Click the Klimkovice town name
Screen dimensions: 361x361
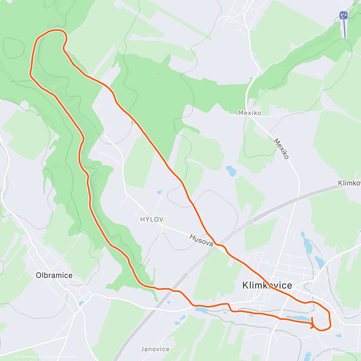[x=267, y=285]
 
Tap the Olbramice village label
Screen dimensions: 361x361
[x=54, y=275]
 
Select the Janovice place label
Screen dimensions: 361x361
[x=155, y=349]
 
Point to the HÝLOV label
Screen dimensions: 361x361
[x=152, y=220]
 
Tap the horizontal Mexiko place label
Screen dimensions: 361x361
[x=250, y=113]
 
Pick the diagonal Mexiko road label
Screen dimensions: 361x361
[x=281, y=149]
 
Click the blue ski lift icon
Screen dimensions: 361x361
[x=343, y=15]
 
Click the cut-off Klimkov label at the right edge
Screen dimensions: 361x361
[x=349, y=183]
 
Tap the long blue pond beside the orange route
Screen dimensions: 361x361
[x=298, y=318]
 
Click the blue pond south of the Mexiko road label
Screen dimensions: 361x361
[x=231, y=171]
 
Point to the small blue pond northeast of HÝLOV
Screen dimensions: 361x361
[x=159, y=192]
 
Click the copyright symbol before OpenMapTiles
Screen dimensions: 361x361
[x=17, y=357]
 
